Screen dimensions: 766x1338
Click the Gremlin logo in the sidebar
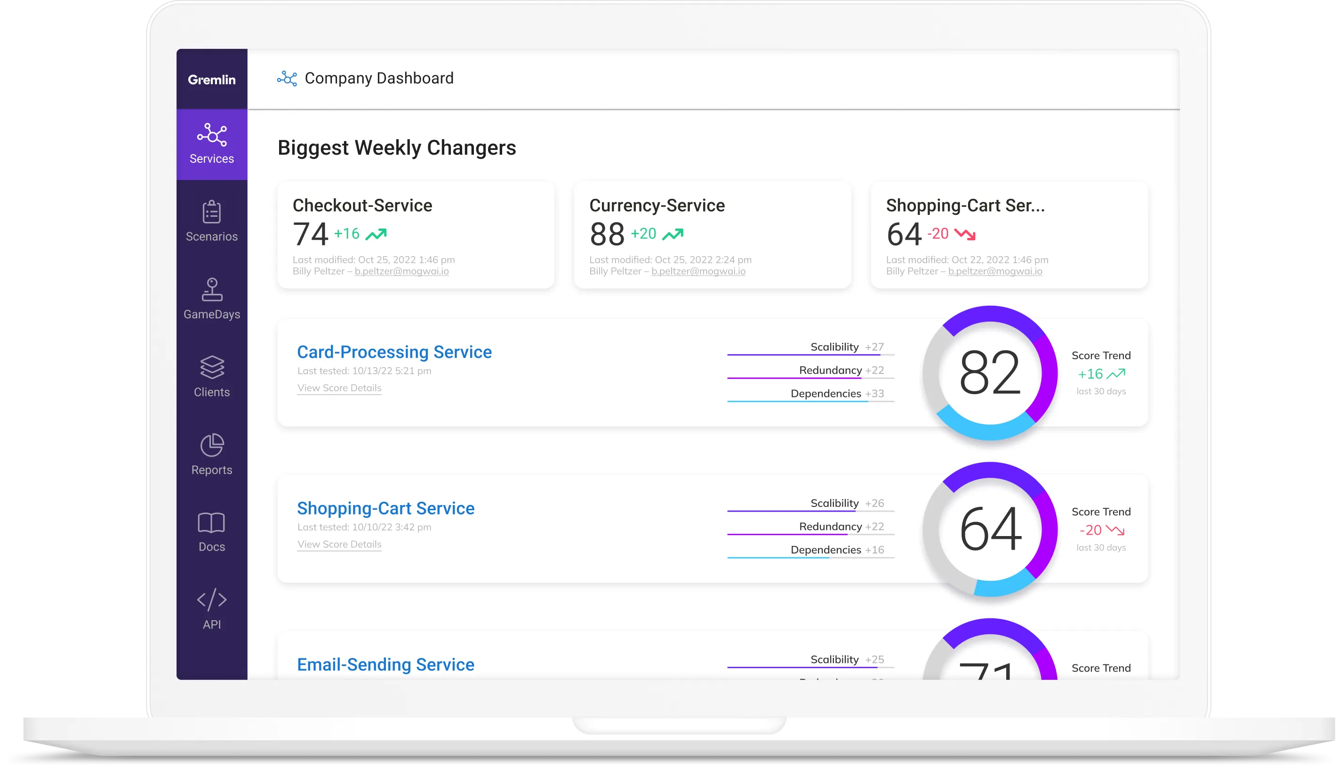coord(212,79)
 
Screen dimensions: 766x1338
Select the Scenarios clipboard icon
coord(212,212)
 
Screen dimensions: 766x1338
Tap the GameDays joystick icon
coord(212,289)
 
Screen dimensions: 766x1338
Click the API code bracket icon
coord(212,600)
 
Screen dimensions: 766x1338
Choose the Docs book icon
coord(212,523)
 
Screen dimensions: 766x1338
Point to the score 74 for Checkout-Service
coord(310,234)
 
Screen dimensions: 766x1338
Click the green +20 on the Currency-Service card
coord(643,234)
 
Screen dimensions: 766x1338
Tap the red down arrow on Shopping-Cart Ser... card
coord(965,234)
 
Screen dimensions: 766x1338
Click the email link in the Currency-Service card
coord(698,271)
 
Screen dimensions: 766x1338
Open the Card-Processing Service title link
coord(394,352)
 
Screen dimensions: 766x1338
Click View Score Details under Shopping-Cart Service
coord(339,545)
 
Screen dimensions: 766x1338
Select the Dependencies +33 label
coord(837,394)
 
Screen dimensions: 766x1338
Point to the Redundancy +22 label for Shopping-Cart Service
coord(841,527)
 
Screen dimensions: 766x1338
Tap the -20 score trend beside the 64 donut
coord(1090,530)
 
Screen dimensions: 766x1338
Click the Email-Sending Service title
coord(385,664)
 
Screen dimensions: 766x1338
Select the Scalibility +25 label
coord(847,660)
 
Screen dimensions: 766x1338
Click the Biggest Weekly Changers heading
coord(396,148)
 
